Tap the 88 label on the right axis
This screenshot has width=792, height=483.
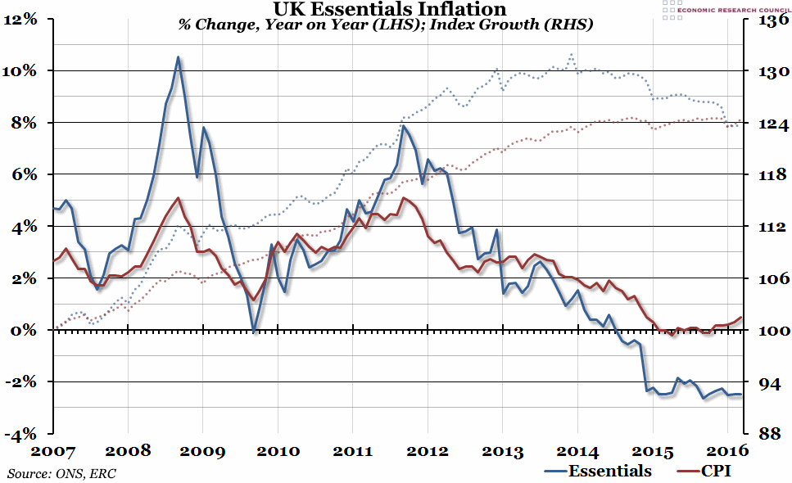click(767, 434)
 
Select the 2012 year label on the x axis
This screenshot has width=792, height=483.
click(427, 450)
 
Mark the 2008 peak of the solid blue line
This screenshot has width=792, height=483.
click(178, 57)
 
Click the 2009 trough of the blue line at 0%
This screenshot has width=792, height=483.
click(254, 331)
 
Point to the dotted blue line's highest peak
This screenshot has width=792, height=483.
click(571, 54)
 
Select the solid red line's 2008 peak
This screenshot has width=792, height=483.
click(178, 198)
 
